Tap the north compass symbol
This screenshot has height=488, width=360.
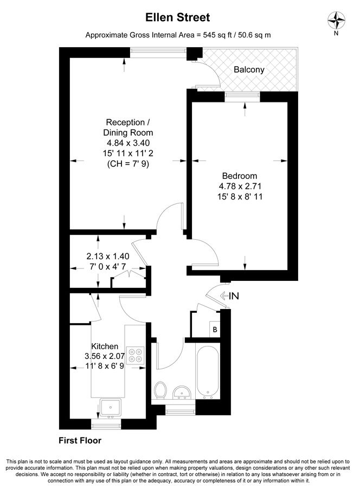(337, 21)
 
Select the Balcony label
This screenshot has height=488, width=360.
(249, 69)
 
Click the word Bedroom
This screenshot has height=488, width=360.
(239, 176)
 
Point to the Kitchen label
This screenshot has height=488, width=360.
(105, 346)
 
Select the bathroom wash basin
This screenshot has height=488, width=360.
(181, 392)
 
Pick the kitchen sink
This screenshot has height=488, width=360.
(111, 407)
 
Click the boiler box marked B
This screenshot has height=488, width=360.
(214, 330)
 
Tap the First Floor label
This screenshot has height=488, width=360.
(80, 441)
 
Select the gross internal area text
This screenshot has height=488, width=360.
(178, 35)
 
